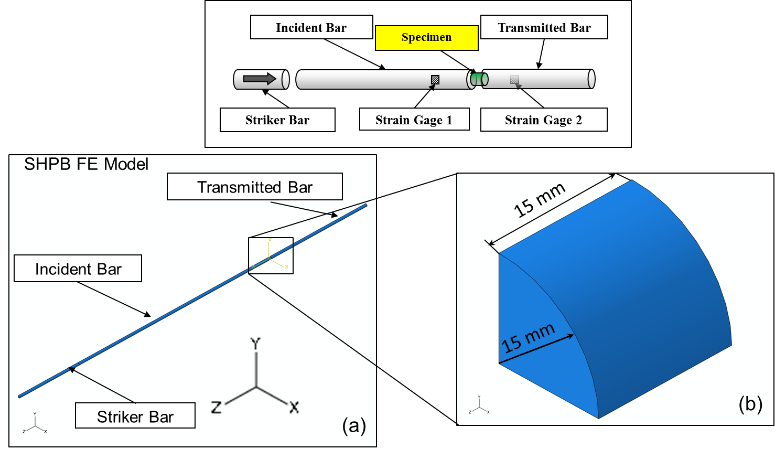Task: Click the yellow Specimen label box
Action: pyautogui.click(x=426, y=38)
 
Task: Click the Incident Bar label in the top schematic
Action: pyautogui.click(x=311, y=28)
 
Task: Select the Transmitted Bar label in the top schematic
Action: pyautogui.click(x=544, y=28)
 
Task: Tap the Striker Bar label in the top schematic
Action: pyautogui.click(x=277, y=120)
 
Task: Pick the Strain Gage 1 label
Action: pyautogui.click(x=414, y=120)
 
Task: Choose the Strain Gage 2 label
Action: pyautogui.click(x=543, y=120)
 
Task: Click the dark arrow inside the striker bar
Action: pyautogui.click(x=260, y=79)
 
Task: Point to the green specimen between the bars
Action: pyautogui.click(x=478, y=79)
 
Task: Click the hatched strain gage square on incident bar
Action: pyautogui.click(x=435, y=80)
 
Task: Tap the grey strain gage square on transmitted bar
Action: pyautogui.click(x=515, y=80)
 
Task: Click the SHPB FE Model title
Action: pyautogui.click(x=87, y=165)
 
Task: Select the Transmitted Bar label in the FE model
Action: pyautogui.click(x=255, y=187)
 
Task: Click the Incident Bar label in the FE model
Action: pyautogui.click(x=78, y=269)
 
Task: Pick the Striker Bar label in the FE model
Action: pyautogui.click(x=135, y=416)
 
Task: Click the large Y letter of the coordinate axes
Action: pyautogui.click(x=255, y=344)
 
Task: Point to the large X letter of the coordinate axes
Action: pyautogui.click(x=294, y=407)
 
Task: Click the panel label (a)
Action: pyautogui.click(x=354, y=425)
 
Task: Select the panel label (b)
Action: pyautogui.click(x=750, y=404)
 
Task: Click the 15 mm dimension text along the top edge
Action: pyautogui.click(x=539, y=200)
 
